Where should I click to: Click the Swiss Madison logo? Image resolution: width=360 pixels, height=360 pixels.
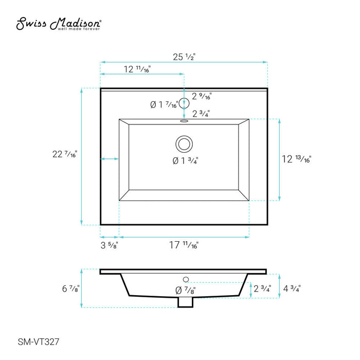(x=59, y=24)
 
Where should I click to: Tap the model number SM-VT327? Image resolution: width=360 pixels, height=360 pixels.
(x=39, y=342)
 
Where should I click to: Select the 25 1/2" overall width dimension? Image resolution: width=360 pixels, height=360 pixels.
(x=184, y=57)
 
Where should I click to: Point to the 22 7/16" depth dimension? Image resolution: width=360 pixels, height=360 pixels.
(x=65, y=154)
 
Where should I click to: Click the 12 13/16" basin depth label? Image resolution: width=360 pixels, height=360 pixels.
(x=296, y=159)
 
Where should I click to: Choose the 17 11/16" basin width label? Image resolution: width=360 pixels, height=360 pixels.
(x=184, y=245)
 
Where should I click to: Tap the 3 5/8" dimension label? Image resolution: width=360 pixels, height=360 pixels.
(x=109, y=245)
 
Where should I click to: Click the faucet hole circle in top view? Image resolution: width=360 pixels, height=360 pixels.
(x=184, y=103)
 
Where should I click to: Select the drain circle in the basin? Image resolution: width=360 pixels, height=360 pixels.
(x=184, y=144)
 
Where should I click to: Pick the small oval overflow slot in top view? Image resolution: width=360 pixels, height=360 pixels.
(x=184, y=121)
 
